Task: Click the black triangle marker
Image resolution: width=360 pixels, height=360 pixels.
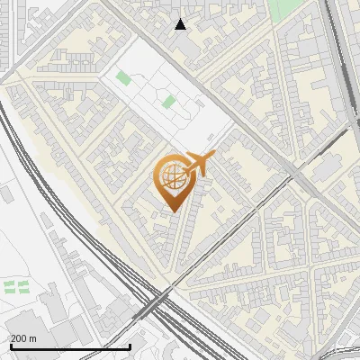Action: coord(181,24)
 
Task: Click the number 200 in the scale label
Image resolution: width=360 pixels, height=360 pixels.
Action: coord(19,339)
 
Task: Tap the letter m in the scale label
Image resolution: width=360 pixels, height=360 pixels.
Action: coord(33,339)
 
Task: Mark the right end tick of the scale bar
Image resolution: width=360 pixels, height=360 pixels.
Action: coord(130,346)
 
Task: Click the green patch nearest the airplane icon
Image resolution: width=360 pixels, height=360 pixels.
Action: coord(168,102)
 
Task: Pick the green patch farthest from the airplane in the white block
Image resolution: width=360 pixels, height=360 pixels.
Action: coord(123,77)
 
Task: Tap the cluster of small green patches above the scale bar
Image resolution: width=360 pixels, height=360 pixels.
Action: coord(16,287)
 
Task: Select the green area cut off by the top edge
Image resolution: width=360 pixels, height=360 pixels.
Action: coord(286,7)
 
